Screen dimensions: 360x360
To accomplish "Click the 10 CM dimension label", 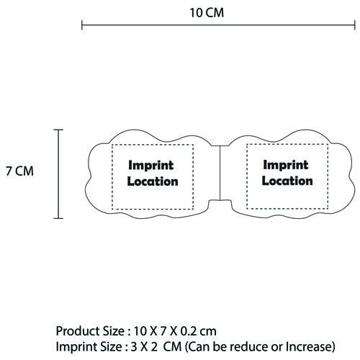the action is click(207, 13).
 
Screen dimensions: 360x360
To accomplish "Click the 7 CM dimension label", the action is click(19, 171).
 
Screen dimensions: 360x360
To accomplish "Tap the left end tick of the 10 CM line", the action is click(82, 25).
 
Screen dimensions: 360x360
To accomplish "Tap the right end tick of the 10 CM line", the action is click(355, 25).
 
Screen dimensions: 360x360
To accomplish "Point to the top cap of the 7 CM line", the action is click(58, 130).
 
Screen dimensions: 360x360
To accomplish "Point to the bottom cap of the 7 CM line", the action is click(58, 218).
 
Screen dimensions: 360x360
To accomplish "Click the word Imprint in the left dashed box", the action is click(151, 166).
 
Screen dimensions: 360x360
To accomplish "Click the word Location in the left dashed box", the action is click(153, 181).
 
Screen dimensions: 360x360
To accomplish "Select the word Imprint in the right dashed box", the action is click(286, 165).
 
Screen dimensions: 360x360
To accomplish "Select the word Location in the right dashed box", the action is click(287, 181).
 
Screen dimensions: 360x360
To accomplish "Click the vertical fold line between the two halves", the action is click(220, 173).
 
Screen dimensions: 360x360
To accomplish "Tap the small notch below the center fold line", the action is click(220, 203).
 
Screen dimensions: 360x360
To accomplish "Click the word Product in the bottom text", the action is click(77, 331).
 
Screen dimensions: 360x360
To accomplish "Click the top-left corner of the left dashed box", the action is click(112, 145).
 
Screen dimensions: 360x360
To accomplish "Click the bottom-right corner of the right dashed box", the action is click(328, 208).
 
